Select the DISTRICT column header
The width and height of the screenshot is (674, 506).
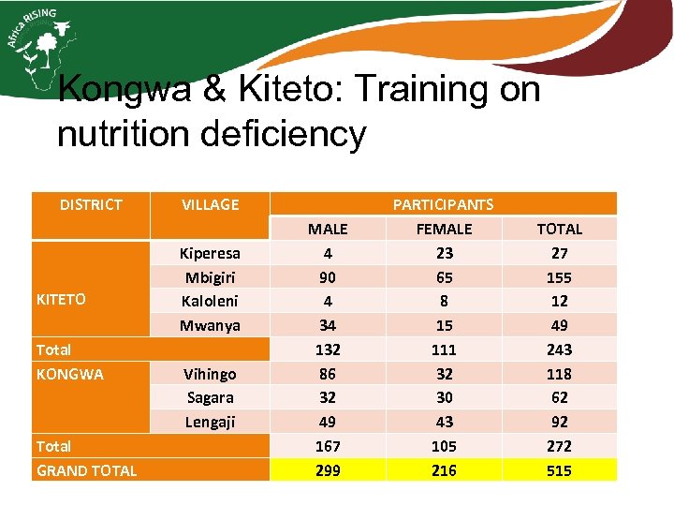click(91, 204)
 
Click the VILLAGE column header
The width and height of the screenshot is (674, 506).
click(210, 204)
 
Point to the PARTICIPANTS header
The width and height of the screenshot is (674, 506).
click(443, 204)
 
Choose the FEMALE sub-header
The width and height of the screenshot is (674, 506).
click(444, 229)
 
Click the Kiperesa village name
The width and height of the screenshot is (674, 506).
click(210, 253)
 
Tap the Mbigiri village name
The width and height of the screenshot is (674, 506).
click(210, 277)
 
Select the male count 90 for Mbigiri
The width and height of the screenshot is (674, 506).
click(328, 277)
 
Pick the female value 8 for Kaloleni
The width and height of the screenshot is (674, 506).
click(444, 301)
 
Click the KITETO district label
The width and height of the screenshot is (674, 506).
click(61, 300)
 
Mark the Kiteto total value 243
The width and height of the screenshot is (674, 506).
click(559, 350)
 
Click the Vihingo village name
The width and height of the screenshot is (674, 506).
click(210, 374)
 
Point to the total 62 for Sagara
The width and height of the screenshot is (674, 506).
click(559, 397)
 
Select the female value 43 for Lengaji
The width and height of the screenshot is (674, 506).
click(444, 422)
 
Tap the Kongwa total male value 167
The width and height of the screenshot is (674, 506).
click(328, 446)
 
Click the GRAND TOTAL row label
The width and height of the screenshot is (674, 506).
click(86, 470)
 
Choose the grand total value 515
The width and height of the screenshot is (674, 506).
click(559, 470)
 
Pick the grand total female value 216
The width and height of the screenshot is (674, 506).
click(444, 470)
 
